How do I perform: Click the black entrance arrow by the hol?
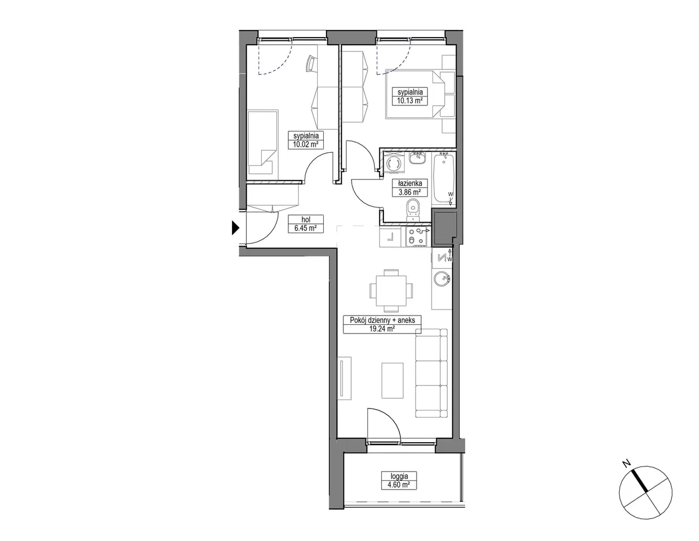(x=235, y=228)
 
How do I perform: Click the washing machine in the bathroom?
(x=393, y=165)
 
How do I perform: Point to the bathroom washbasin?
(x=418, y=158)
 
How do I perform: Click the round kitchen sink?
(x=441, y=279)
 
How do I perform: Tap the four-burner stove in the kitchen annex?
(x=417, y=236)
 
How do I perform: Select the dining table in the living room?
(x=391, y=290)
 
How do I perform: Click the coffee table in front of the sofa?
(x=393, y=381)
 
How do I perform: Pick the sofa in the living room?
(x=431, y=373)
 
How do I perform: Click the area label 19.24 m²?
(x=382, y=329)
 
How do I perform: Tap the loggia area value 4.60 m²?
(x=399, y=484)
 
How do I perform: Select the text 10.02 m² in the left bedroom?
(x=306, y=144)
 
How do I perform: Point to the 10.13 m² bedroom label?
(x=410, y=100)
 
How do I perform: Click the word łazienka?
(x=410, y=183)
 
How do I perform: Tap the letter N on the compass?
(x=626, y=463)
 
